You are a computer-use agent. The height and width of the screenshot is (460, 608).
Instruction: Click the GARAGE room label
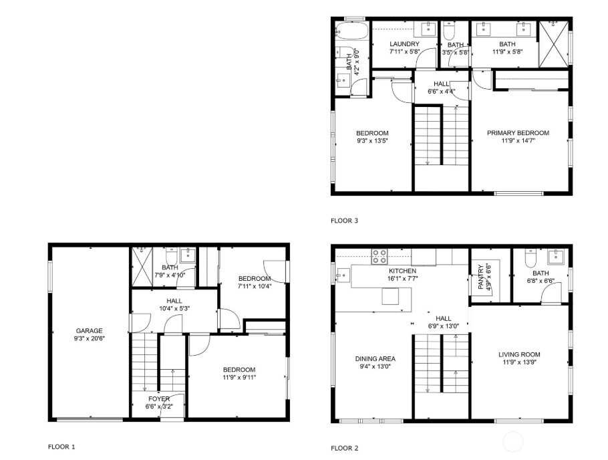tap(89, 330)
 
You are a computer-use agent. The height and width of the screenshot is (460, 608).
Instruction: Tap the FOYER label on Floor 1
tap(158, 399)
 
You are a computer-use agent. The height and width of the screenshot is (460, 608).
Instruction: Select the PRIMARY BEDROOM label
tap(518, 133)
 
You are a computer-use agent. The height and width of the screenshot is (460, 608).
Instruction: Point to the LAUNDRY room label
tap(404, 44)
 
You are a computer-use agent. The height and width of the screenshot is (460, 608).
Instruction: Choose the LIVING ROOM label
tap(519, 354)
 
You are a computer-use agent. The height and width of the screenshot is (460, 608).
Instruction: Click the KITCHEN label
tap(402, 271)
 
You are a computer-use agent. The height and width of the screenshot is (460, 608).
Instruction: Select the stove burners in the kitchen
tap(379, 255)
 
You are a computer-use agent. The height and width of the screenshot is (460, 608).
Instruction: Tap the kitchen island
tap(391, 296)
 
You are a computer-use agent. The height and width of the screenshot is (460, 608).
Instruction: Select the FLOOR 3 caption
tap(345, 220)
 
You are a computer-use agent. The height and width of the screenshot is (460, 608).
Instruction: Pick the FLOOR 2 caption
tap(345, 448)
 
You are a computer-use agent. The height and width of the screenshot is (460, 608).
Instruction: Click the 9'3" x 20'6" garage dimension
tap(89, 338)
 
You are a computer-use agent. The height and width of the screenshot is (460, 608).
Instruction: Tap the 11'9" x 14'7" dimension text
tap(518, 141)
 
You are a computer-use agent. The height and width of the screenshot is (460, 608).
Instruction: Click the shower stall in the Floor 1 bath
tap(142, 257)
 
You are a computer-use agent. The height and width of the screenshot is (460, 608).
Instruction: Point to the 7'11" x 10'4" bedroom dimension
tap(255, 286)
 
